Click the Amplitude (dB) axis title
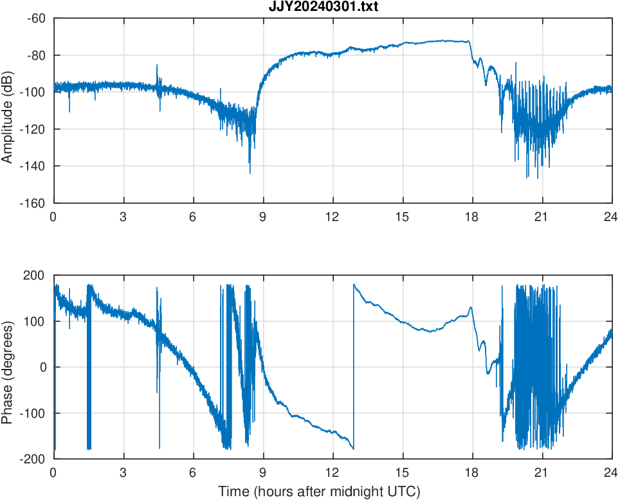point(8,111)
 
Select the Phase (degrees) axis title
point(8,367)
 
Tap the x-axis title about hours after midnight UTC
point(319,492)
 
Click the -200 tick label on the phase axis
point(33,459)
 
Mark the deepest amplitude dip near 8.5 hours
point(250,172)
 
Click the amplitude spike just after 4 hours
point(156,66)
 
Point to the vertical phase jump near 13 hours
point(354,366)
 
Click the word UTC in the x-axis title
point(407,492)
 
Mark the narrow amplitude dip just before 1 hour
point(69,111)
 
